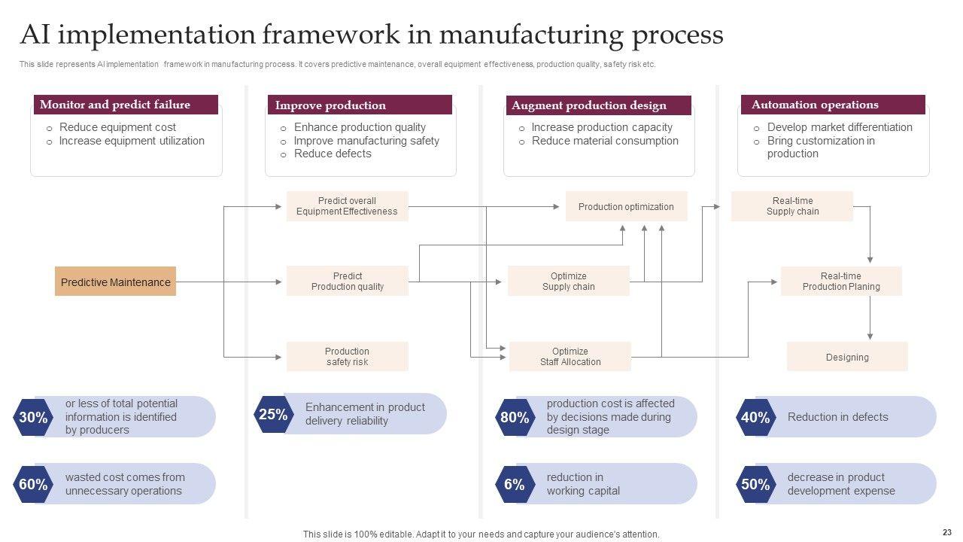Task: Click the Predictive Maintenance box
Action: [115, 282]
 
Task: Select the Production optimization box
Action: [626, 206]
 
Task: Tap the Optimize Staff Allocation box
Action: [570, 356]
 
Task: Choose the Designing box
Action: [847, 357]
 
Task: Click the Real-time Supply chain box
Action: [792, 206]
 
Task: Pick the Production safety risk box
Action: [347, 356]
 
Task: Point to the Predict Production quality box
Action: [347, 281]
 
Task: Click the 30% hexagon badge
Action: [33, 417]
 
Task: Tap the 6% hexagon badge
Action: [515, 484]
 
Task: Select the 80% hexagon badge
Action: [515, 417]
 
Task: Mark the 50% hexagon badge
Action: [755, 484]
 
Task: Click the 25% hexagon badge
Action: [273, 414]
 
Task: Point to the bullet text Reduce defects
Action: [333, 154]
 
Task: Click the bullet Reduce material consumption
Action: [605, 141]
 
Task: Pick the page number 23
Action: [946, 531]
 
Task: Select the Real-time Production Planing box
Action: [841, 281]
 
